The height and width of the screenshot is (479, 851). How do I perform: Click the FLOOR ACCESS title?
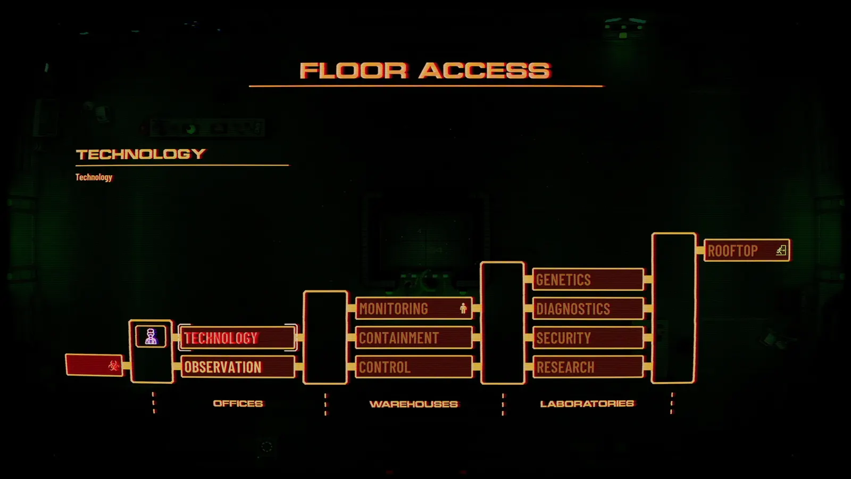click(425, 71)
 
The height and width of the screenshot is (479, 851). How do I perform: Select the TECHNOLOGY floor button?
click(238, 337)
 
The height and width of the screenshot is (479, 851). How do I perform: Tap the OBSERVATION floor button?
click(238, 367)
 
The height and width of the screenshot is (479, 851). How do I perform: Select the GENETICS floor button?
click(588, 279)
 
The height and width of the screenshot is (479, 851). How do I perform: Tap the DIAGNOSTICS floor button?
click(588, 308)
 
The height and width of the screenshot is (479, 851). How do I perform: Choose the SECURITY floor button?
click(588, 337)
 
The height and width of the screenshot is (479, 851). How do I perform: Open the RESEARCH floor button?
click(588, 367)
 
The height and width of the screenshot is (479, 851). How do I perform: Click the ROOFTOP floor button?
click(747, 250)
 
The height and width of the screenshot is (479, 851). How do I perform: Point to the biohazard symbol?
click(113, 366)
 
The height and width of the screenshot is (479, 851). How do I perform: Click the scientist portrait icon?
click(151, 336)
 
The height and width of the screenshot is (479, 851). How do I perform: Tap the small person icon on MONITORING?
click(463, 308)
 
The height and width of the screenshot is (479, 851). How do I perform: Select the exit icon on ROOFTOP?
click(781, 250)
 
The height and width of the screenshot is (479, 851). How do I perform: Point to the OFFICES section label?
click(238, 403)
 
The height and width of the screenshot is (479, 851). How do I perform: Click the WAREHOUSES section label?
click(414, 404)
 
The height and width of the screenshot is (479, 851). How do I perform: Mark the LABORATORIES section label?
click(587, 403)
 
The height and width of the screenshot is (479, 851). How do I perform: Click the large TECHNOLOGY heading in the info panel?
click(140, 154)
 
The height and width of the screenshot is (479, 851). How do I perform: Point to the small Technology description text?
click(94, 177)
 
